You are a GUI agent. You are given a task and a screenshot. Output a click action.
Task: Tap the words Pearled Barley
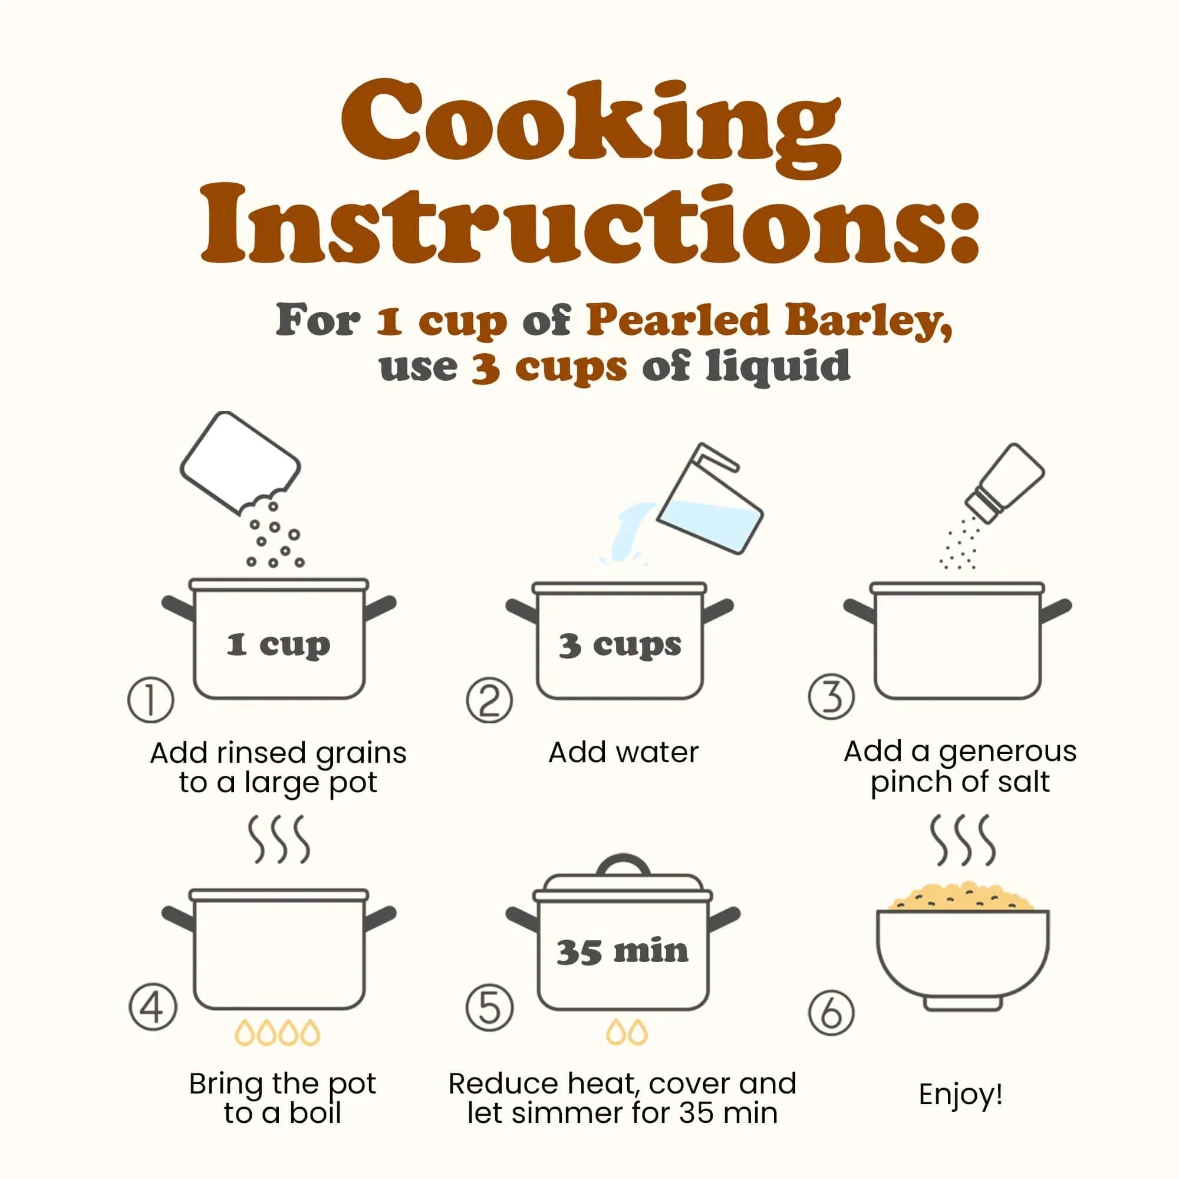pyautogui.click(x=769, y=321)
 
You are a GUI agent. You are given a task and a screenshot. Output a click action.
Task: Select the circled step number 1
pyautogui.click(x=151, y=700)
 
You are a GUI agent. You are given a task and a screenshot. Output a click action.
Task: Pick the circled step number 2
pyautogui.click(x=489, y=700)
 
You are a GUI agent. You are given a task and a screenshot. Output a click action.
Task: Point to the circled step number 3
pyautogui.click(x=831, y=697)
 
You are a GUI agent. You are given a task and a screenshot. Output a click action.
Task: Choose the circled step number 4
pyautogui.click(x=153, y=1007)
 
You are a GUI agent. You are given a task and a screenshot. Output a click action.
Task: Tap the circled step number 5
pyautogui.click(x=489, y=1007)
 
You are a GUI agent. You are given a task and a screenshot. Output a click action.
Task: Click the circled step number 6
pyautogui.click(x=831, y=1012)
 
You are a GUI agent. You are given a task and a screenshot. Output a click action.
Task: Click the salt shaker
pyautogui.click(x=1005, y=482)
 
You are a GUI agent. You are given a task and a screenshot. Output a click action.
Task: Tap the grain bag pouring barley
pyautogui.click(x=240, y=463)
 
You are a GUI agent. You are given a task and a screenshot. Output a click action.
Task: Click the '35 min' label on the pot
pyautogui.click(x=623, y=951)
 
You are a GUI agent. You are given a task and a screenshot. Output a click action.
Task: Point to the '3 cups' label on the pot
pyautogui.click(x=620, y=646)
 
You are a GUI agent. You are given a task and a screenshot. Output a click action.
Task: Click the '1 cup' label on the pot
pyautogui.click(x=279, y=645)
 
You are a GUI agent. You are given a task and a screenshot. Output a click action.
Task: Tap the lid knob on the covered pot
pyautogui.click(x=623, y=865)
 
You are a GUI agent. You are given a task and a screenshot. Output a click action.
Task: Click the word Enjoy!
pyautogui.click(x=960, y=1094)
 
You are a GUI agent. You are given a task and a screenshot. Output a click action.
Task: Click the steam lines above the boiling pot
pyautogui.click(x=279, y=839)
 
